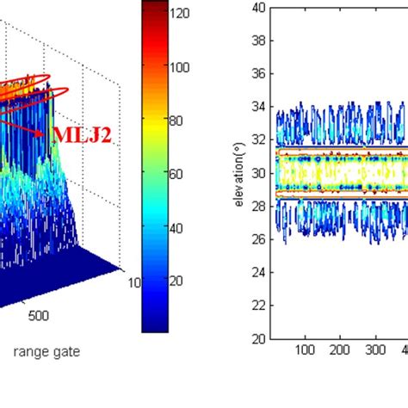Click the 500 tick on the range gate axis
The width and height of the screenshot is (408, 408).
(40, 315)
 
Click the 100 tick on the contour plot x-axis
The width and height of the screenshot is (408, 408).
(305, 351)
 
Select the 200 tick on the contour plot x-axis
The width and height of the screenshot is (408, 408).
(340, 351)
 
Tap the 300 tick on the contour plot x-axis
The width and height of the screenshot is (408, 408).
(375, 351)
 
